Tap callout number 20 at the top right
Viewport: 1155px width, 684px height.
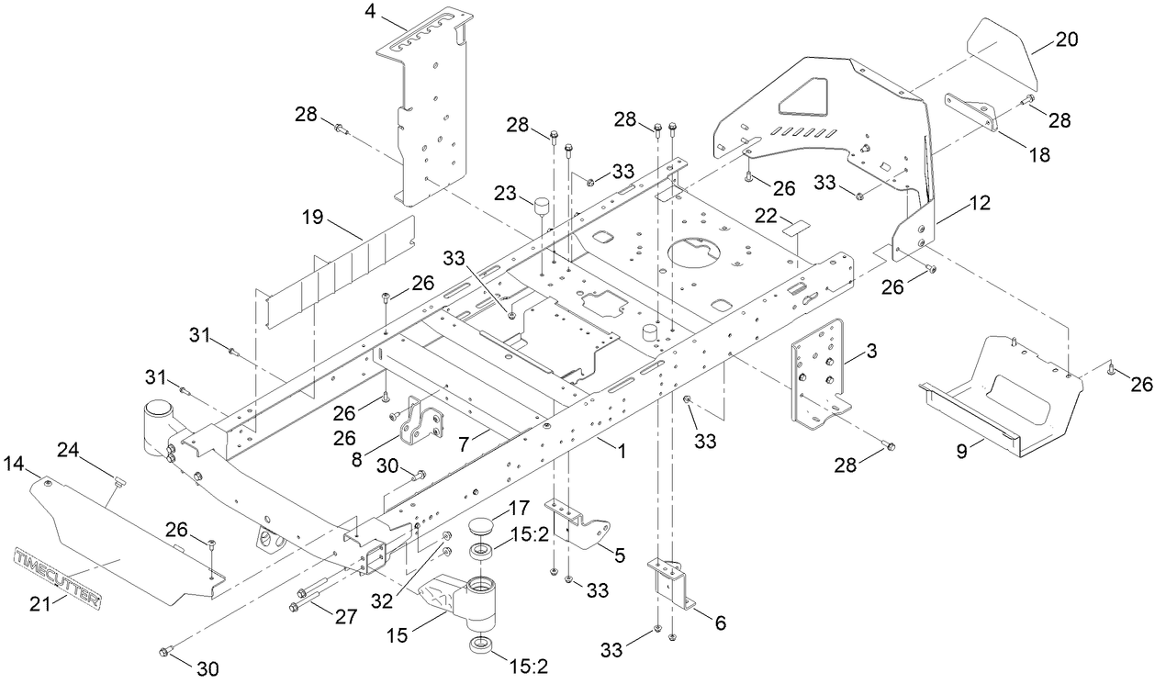(1040, 39)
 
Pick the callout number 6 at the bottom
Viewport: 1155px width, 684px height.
(720, 622)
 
